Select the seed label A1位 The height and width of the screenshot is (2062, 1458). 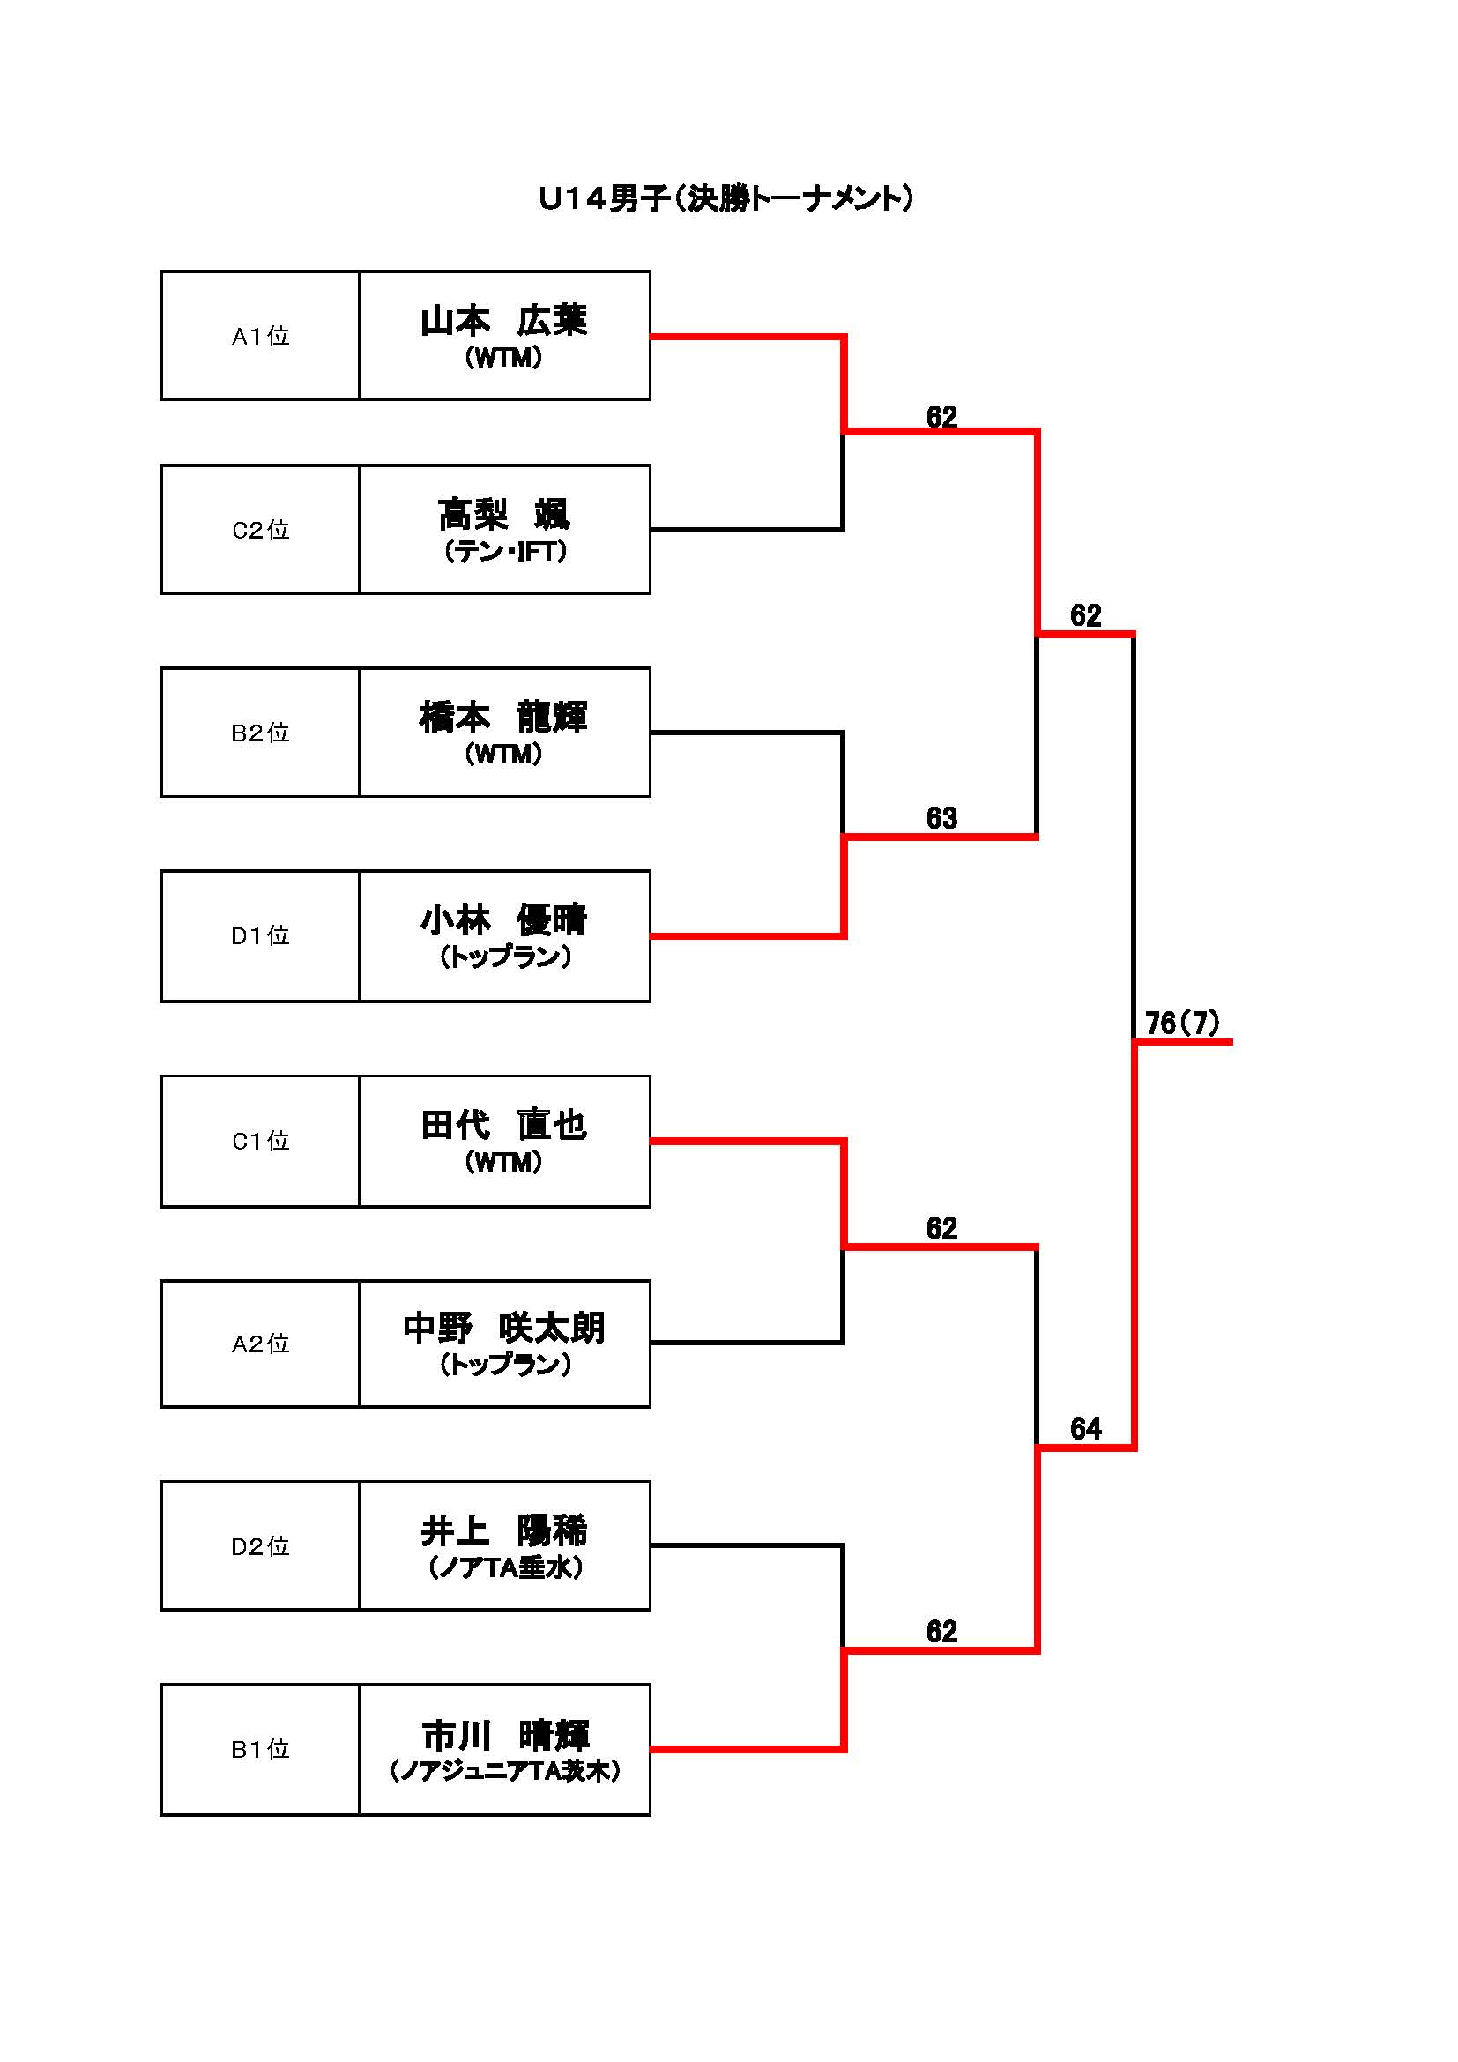(260, 336)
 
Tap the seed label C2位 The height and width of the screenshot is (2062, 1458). (260, 530)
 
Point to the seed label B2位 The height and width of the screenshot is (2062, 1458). (260, 733)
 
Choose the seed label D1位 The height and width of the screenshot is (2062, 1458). (260, 936)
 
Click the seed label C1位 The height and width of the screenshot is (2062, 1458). (260, 1141)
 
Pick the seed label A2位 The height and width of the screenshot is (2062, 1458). (260, 1344)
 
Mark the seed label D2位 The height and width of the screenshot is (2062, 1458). (260, 1546)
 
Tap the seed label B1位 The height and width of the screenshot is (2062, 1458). (260, 1749)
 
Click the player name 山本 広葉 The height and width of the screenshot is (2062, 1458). (503, 321)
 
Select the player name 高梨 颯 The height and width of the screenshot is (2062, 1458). (503, 515)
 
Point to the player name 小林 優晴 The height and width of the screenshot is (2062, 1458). (503, 919)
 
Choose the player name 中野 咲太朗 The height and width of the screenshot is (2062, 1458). (503, 1329)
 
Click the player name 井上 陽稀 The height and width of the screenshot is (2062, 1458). (503, 1531)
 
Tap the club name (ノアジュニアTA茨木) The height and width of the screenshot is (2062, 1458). (504, 1771)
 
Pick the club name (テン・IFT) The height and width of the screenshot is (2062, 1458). (504, 551)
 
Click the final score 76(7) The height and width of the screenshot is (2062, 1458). (1182, 1023)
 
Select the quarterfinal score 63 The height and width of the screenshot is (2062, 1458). (941, 818)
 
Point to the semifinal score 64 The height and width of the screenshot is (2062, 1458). (1085, 1429)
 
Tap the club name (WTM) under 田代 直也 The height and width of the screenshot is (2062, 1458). (503, 1162)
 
